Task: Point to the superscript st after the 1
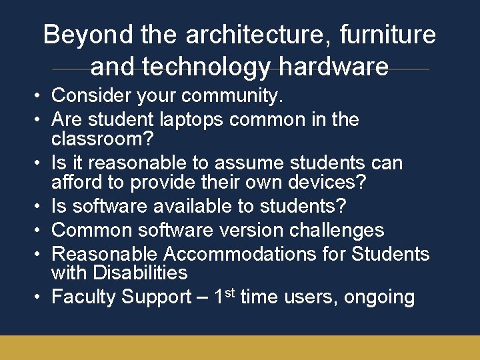(x=229, y=292)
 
